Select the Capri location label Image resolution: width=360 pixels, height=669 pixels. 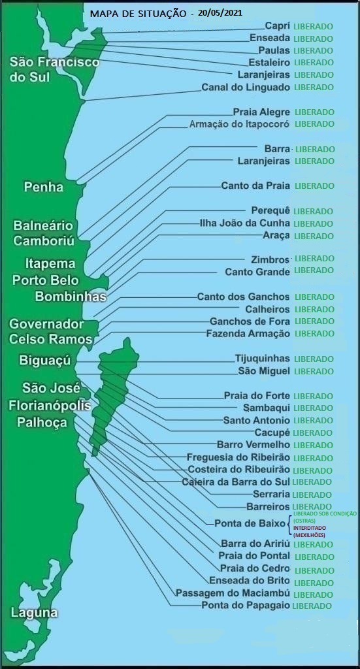[x=277, y=25]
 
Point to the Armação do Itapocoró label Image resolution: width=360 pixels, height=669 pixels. [x=238, y=123]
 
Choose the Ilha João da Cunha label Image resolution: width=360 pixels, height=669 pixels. [x=244, y=223]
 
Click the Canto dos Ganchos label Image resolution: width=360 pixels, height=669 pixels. [x=243, y=297]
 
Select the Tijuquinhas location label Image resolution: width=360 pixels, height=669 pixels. [x=262, y=358]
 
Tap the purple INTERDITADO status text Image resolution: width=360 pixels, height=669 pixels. [x=311, y=527]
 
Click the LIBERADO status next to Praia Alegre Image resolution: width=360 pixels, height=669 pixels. [x=314, y=112]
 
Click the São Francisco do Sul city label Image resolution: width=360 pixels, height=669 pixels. [x=54, y=69]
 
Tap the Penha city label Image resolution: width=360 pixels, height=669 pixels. [x=44, y=187]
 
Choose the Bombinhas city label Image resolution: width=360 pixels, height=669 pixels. [x=71, y=297]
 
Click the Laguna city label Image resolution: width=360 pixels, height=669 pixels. [x=34, y=613]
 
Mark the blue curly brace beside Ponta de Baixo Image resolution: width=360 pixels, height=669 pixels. [x=290, y=523]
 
